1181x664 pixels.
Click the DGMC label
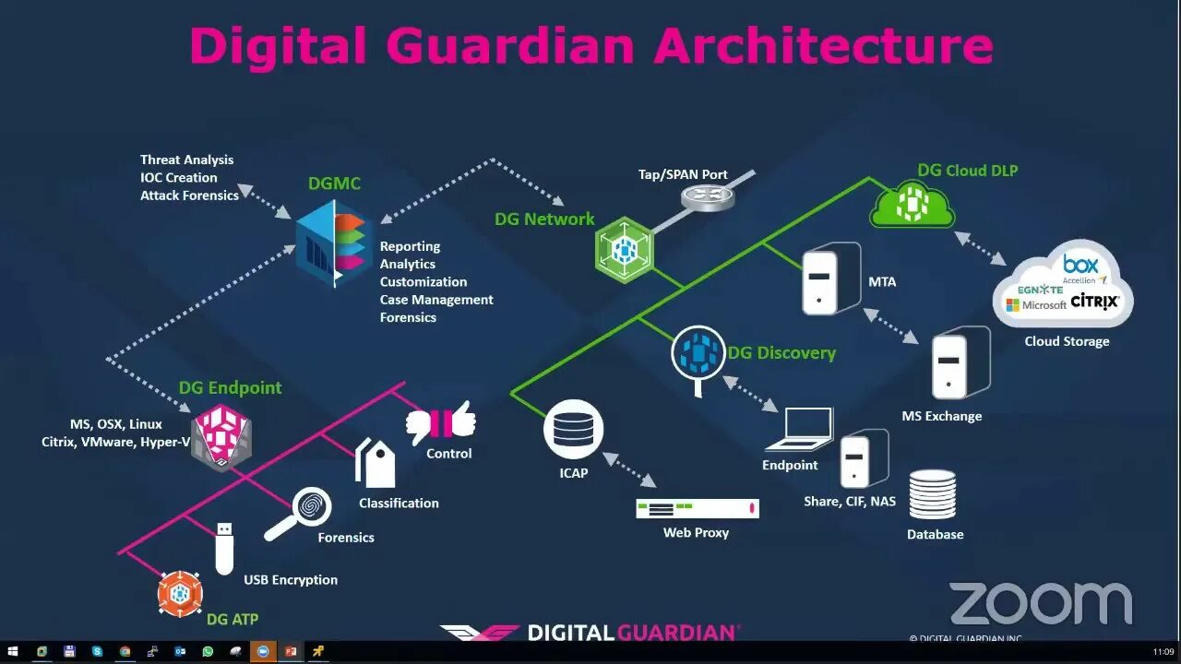(334, 184)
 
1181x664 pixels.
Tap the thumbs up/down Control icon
(441, 422)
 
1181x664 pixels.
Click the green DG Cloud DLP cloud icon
(912, 204)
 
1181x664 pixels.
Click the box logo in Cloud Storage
(1080, 265)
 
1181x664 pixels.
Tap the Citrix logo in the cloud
(1095, 302)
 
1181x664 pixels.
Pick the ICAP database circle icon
(573, 430)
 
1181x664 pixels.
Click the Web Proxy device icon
(698, 508)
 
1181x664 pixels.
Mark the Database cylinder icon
(933, 494)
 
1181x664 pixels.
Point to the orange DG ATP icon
(180, 594)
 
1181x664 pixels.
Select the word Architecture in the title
(823, 44)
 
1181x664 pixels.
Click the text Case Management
(436, 300)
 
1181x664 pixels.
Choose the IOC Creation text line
(179, 177)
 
